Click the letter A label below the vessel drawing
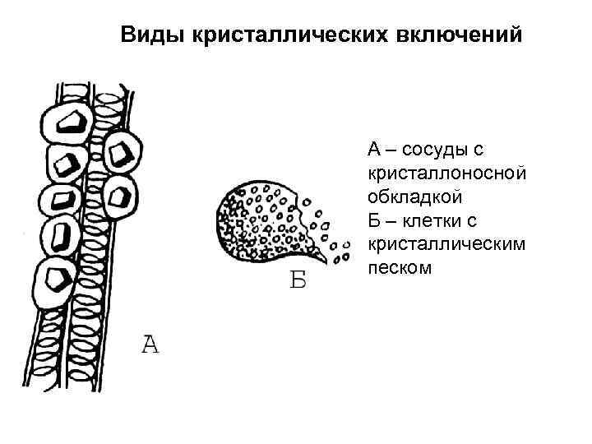point(149,345)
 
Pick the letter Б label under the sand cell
point(298,281)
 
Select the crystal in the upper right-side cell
point(123,153)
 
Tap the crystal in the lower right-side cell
point(120,196)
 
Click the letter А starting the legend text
point(374,149)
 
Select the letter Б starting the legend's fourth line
point(374,221)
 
